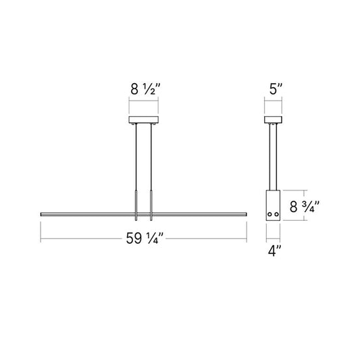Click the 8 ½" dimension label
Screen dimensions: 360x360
pos(145,89)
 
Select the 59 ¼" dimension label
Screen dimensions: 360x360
pos(145,238)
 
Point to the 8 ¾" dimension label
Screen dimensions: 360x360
pos(305,207)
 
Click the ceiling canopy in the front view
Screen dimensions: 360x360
pos(143,120)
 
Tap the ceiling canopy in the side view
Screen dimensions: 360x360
pos(274,120)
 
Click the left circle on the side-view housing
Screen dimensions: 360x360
pos(269,214)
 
